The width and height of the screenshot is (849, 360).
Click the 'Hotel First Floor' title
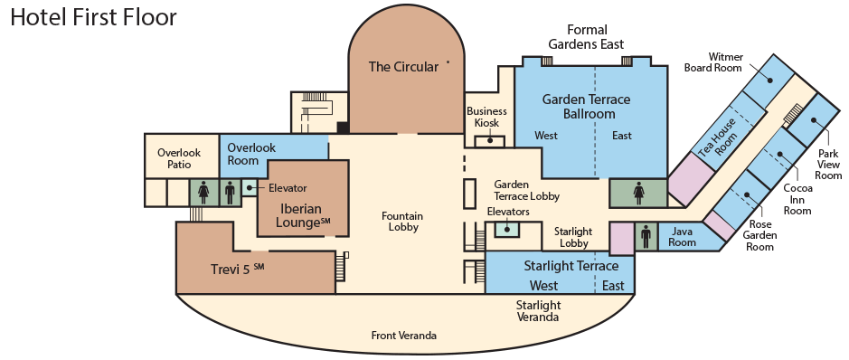click(94, 17)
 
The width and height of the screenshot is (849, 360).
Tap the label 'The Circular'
click(403, 67)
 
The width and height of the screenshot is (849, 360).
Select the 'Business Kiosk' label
click(486, 117)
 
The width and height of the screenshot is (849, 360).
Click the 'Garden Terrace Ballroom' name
click(587, 107)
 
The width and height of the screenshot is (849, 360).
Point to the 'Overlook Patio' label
click(179, 158)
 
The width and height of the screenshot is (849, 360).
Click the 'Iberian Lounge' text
click(302, 215)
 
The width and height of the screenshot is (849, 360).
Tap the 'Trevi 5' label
click(237, 269)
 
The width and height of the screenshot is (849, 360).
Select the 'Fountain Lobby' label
click(402, 222)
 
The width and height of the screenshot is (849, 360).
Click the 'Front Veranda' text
click(404, 336)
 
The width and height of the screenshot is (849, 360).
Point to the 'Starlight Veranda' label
click(538, 311)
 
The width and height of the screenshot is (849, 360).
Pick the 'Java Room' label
click(682, 237)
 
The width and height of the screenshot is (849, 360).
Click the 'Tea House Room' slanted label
click(718, 137)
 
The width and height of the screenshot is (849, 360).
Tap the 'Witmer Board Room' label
click(713, 62)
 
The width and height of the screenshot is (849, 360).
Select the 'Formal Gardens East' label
click(587, 37)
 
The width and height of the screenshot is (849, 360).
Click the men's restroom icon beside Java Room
click(646, 237)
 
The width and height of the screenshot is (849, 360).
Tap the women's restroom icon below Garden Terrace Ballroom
click(639, 194)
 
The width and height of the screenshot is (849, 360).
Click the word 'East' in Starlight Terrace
click(613, 285)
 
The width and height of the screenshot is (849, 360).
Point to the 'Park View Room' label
click(828, 165)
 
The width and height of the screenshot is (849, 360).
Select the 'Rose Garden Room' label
click(759, 235)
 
